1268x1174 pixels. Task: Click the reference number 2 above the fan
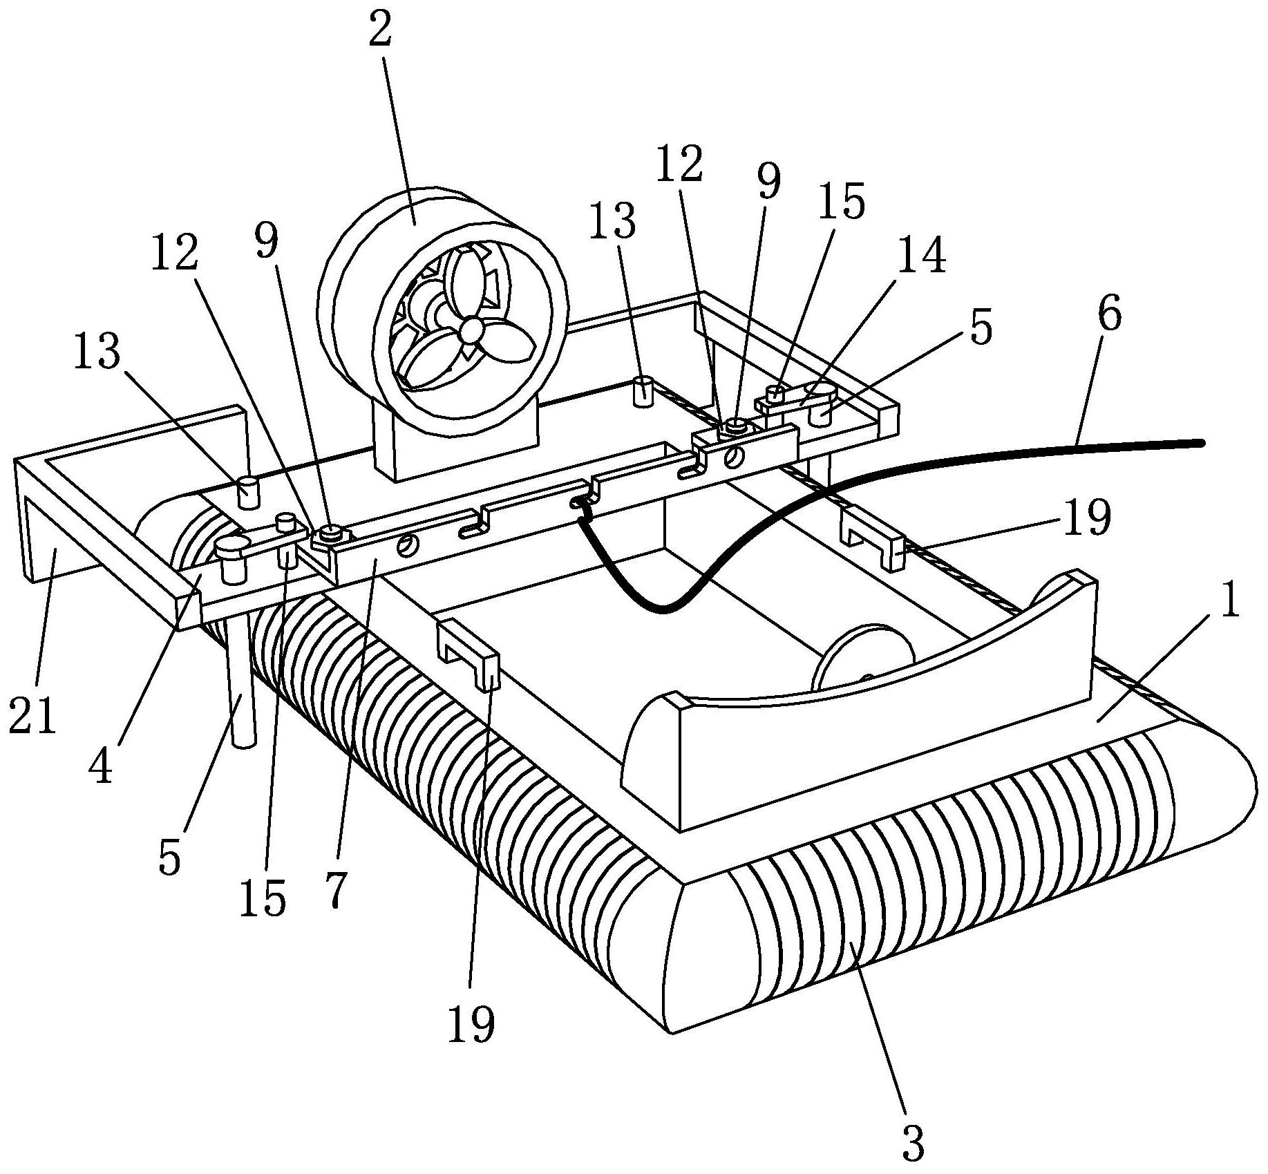pos(380,29)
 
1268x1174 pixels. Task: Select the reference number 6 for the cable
pos(1108,313)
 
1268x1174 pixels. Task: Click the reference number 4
pos(101,765)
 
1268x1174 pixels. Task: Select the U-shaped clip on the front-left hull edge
pos(468,652)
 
